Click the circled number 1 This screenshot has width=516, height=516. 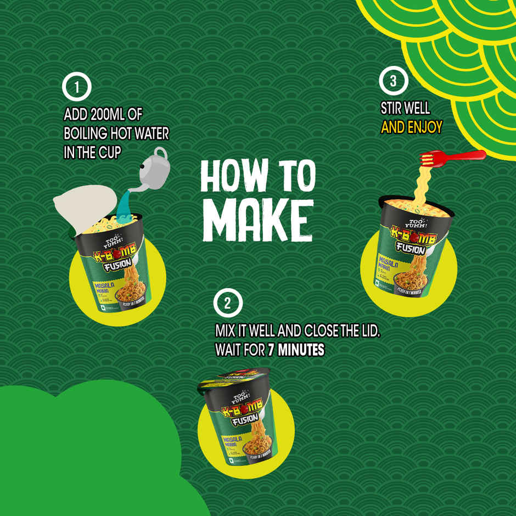tap(77, 88)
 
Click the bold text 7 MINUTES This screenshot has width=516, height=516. tap(296, 349)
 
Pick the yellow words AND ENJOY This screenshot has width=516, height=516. tap(411, 127)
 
